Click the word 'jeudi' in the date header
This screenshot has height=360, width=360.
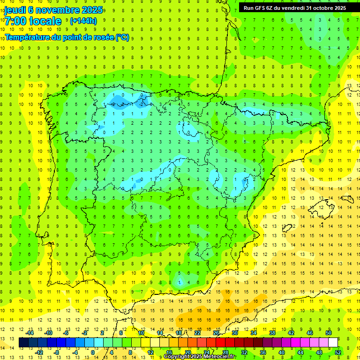(15, 10)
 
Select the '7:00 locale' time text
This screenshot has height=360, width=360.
(33, 21)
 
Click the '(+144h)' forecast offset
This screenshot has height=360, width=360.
(83, 21)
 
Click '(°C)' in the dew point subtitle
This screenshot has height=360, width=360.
(122, 37)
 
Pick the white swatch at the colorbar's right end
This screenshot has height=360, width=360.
(333, 343)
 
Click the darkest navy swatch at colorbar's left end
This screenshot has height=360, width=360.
(24, 343)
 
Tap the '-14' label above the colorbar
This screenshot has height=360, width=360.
(30, 333)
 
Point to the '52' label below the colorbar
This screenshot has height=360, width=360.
(338, 352)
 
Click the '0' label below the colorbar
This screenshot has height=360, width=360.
(93, 352)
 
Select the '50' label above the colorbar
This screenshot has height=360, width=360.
(329, 333)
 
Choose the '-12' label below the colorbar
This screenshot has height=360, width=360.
(39, 352)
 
